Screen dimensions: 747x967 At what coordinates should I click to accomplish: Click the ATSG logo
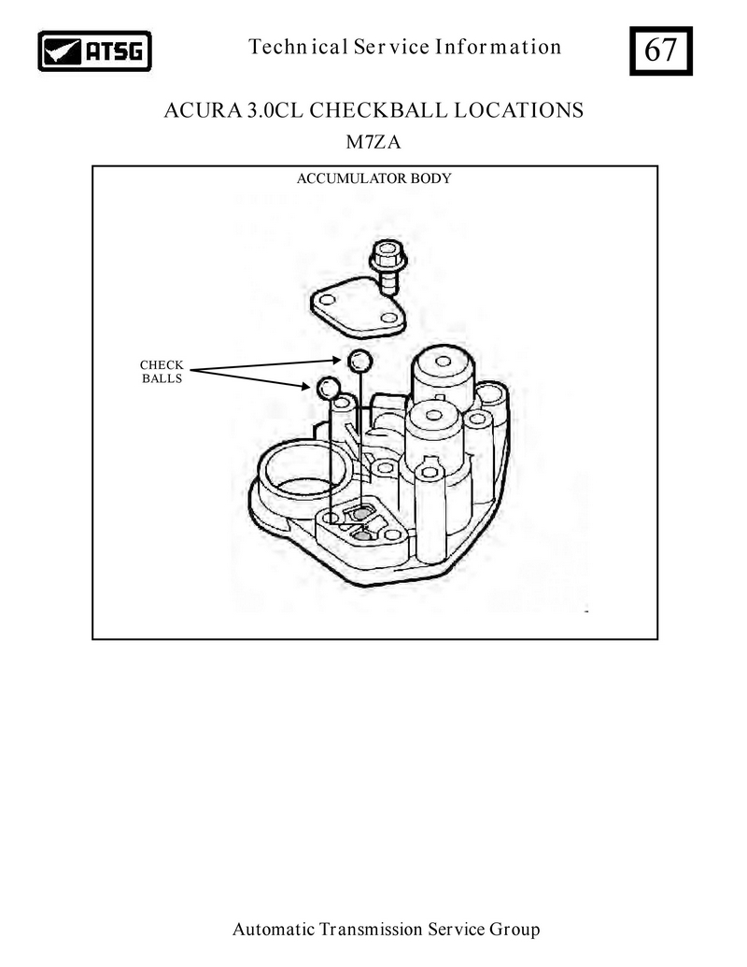click(x=94, y=51)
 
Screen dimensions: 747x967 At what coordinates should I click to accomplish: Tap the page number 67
click(x=661, y=50)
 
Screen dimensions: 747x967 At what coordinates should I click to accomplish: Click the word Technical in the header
click(x=298, y=47)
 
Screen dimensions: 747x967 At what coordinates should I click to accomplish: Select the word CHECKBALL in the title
click(x=378, y=110)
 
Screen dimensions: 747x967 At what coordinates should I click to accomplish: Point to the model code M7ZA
click(x=373, y=142)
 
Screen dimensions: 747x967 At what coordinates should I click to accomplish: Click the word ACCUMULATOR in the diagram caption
click(x=343, y=178)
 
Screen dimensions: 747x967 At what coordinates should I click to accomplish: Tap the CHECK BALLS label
click(x=162, y=372)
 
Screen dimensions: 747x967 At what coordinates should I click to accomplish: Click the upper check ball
click(x=359, y=361)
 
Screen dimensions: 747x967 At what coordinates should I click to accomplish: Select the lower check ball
click(x=328, y=388)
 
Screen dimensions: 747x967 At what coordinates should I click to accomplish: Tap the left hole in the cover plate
click(x=327, y=300)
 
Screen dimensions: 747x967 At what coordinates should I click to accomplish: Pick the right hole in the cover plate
click(x=388, y=318)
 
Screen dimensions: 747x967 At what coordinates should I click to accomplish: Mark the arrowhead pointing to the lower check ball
click(x=305, y=387)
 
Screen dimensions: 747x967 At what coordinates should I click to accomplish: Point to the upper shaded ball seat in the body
click(x=361, y=513)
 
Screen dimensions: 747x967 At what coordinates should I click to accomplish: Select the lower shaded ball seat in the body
click(x=364, y=536)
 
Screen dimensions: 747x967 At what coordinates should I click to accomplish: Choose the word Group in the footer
click(x=514, y=930)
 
